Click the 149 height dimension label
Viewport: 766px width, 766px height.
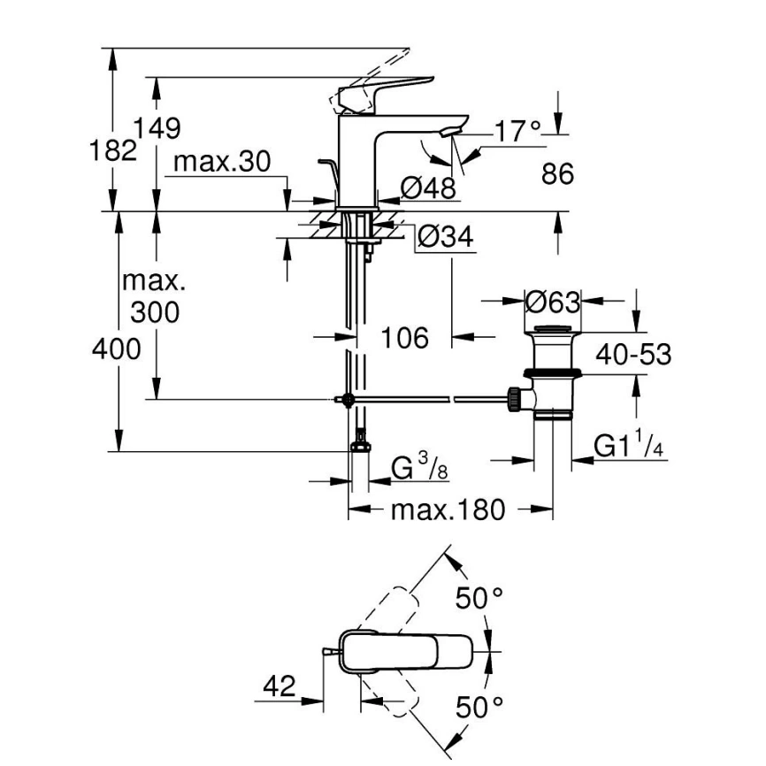(x=158, y=129)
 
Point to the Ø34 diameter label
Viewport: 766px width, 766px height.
(x=445, y=237)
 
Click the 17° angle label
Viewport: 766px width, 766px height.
(x=517, y=132)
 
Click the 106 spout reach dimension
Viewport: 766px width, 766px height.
(x=404, y=337)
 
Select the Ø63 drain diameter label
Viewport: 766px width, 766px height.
(x=552, y=303)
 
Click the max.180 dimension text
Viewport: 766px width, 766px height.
(x=448, y=510)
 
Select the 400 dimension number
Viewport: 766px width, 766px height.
(x=118, y=349)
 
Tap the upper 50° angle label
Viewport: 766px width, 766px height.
(x=479, y=599)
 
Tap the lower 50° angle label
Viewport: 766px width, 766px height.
(x=479, y=707)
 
